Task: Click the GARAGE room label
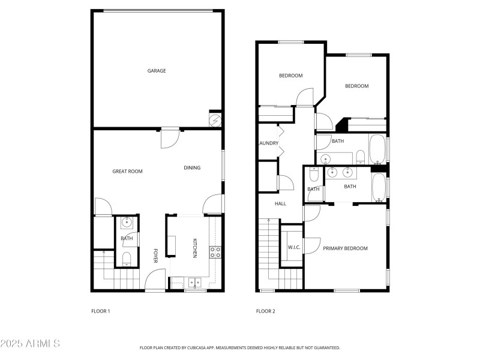click(x=157, y=71)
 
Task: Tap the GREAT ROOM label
click(x=127, y=172)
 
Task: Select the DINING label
click(x=192, y=168)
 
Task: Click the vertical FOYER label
click(x=155, y=256)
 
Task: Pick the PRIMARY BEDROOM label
click(x=345, y=248)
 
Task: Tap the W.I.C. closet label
click(x=294, y=248)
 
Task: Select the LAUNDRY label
click(x=268, y=143)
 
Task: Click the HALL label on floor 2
click(x=280, y=204)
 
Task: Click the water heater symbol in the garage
click(x=215, y=120)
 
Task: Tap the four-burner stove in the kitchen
click(x=215, y=252)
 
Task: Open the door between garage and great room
click(x=169, y=138)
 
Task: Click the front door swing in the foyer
click(x=155, y=280)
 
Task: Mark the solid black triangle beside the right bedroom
click(x=341, y=125)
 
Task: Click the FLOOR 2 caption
click(x=265, y=311)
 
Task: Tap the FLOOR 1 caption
click(x=100, y=311)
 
